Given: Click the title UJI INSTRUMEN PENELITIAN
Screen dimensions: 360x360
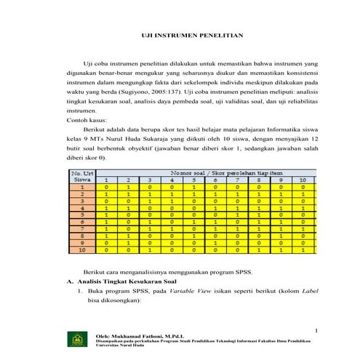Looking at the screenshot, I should [191, 35].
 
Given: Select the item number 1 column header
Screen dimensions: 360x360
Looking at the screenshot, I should [107, 180].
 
